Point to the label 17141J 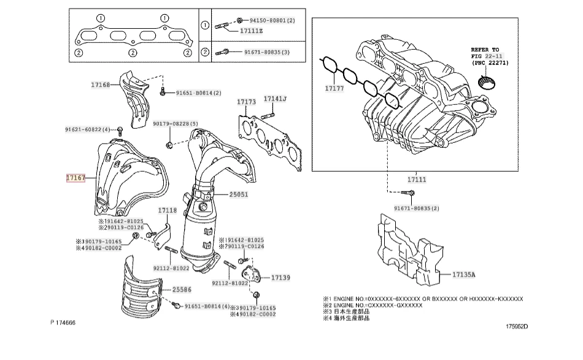point(276,99)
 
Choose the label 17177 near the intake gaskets point(336,89)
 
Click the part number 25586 point(182,289)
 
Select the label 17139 point(280,277)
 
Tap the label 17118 point(168,210)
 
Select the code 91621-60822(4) point(88,129)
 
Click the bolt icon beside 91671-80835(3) point(223,53)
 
